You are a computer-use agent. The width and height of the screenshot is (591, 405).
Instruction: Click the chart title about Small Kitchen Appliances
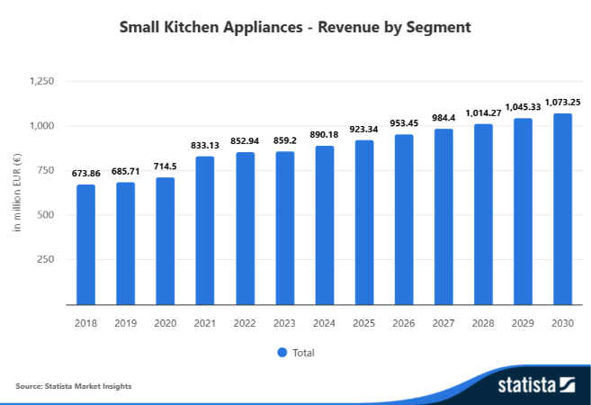click(x=295, y=28)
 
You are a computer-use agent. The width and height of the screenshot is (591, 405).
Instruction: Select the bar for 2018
click(x=85, y=245)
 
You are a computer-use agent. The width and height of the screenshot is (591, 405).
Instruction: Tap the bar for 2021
click(x=205, y=230)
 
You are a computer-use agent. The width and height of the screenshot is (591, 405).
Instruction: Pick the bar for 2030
click(x=562, y=209)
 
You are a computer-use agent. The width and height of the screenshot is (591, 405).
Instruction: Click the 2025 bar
click(x=364, y=222)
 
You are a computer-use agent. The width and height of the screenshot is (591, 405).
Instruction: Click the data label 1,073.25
click(x=562, y=102)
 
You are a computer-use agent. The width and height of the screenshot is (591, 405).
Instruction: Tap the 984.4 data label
click(x=443, y=118)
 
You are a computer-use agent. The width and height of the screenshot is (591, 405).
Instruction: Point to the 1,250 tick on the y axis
click(x=41, y=81)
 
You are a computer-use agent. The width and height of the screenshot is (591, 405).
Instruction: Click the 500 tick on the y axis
click(x=47, y=215)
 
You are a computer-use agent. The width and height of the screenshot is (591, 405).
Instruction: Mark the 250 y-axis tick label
click(x=47, y=259)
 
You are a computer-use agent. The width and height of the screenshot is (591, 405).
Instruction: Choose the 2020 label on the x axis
click(x=166, y=322)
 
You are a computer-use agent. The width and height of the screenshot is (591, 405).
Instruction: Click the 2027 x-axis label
click(x=443, y=322)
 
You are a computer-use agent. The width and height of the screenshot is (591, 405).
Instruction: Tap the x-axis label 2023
click(x=284, y=322)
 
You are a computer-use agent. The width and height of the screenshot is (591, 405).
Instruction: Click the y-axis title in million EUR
click(x=16, y=193)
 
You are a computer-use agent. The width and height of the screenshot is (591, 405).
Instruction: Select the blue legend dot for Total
click(x=282, y=352)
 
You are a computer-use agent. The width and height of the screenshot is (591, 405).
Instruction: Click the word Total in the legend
click(x=303, y=353)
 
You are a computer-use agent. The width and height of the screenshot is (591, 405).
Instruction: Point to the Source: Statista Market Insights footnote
click(x=74, y=386)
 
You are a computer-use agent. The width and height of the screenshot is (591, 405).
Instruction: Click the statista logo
click(x=536, y=386)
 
